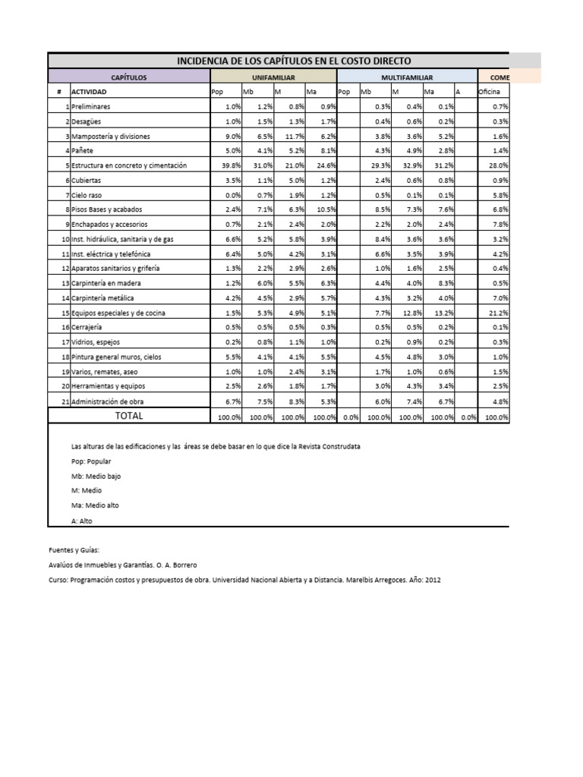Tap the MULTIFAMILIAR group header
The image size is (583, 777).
pos(406,77)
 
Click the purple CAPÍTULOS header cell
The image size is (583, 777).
pos(128,77)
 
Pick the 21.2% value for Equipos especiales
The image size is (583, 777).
pos(497,313)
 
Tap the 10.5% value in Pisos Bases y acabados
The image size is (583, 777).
pos(325,209)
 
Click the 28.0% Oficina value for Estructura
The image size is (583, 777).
pos(497,165)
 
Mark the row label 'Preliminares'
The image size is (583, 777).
pos(90,107)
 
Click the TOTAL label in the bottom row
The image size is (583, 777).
pos(128,416)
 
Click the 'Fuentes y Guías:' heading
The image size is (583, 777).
pos(74,549)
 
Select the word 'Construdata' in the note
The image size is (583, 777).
pos(342,447)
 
